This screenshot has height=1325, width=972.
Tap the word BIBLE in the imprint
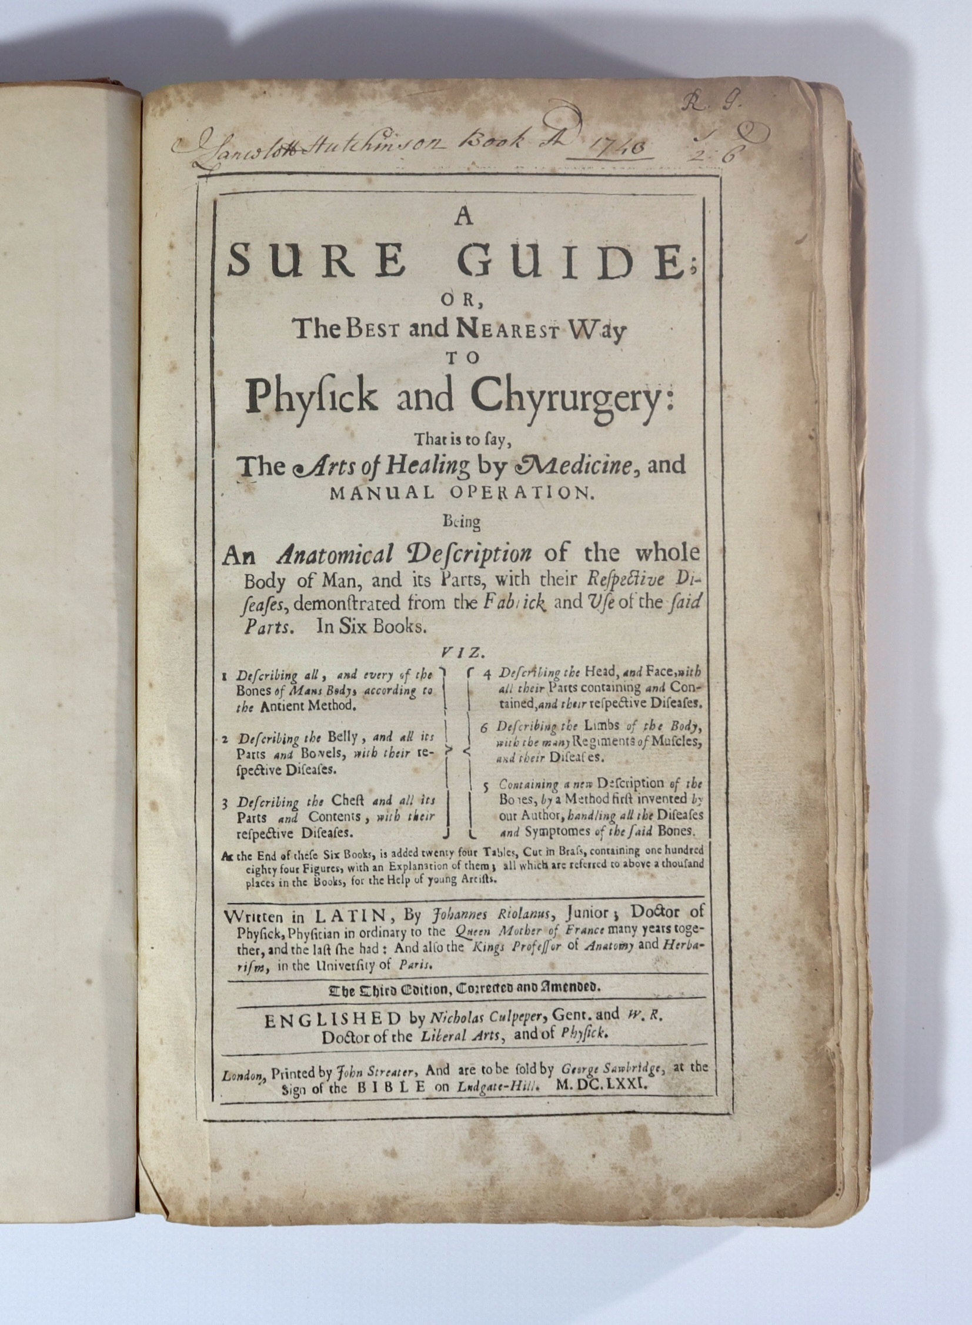(390, 1088)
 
